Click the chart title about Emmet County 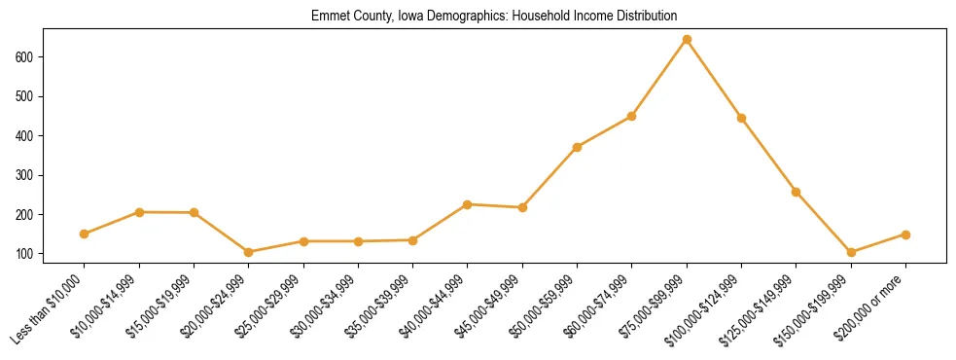[x=494, y=17]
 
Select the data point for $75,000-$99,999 [x=687, y=40]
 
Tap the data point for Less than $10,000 [x=85, y=234]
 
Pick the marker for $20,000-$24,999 [x=249, y=252]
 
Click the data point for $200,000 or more [x=905, y=234]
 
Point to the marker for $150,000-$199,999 [x=851, y=252]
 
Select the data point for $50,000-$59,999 [x=578, y=147]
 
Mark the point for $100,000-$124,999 [x=741, y=118]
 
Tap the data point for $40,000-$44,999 [x=468, y=204]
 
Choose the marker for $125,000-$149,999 [x=797, y=192]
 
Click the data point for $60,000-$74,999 [x=632, y=116]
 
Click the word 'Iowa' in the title [x=411, y=17]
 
